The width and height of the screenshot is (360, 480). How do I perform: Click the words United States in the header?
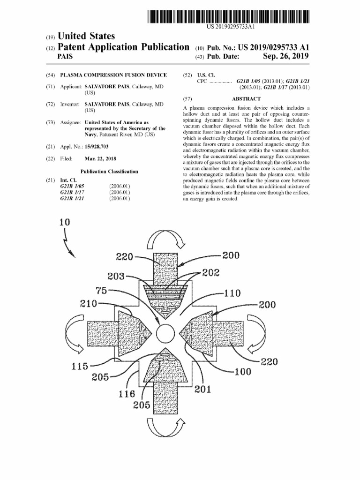coord(86,36)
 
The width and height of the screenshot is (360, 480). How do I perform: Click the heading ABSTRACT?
coord(246,99)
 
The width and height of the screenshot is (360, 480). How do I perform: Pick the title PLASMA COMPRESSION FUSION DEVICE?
coord(113,75)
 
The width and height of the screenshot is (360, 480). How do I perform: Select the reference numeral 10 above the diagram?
coord(64,222)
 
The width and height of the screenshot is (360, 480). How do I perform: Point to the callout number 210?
coord(89,303)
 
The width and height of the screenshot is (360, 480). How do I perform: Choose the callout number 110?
coord(232,293)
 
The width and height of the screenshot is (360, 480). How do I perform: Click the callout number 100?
coord(242,372)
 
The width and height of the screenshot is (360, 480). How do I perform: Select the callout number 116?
coord(127,393)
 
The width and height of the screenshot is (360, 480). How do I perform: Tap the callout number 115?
coord(80,366)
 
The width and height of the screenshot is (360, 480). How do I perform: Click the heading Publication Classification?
coord(109,172)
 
